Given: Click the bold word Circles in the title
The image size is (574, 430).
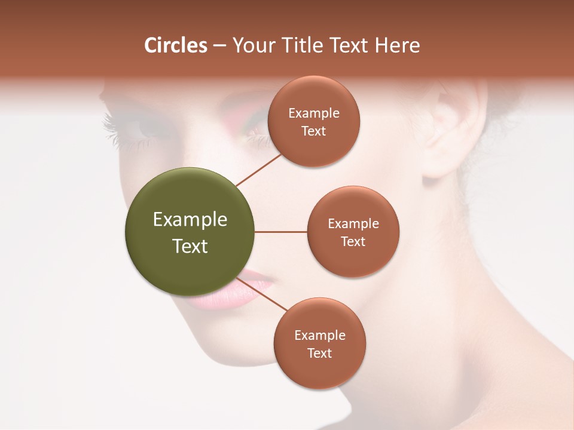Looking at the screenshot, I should pos(176,45).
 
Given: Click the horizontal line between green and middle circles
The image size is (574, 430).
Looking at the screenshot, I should pos(280,232).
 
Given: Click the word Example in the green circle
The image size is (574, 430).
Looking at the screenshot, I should pos(190,220).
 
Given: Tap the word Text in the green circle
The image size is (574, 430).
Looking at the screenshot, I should pos(190,246).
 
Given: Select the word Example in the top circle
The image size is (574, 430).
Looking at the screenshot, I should pos(313,113).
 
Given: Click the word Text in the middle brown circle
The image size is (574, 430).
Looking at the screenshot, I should pos(353,242).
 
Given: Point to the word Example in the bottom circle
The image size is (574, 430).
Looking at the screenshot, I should pos(320,335).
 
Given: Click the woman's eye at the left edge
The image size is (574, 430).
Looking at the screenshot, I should pos(135,128).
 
